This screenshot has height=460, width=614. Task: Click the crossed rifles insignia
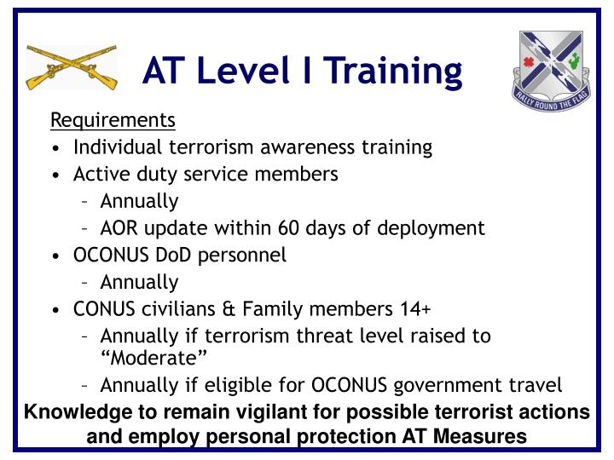72,68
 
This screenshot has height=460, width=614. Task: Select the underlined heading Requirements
113,119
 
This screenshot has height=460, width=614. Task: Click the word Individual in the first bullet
112,147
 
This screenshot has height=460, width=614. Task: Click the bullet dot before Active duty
55,175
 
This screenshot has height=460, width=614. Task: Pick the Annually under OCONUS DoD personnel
139,282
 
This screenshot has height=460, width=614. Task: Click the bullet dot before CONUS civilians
55,309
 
